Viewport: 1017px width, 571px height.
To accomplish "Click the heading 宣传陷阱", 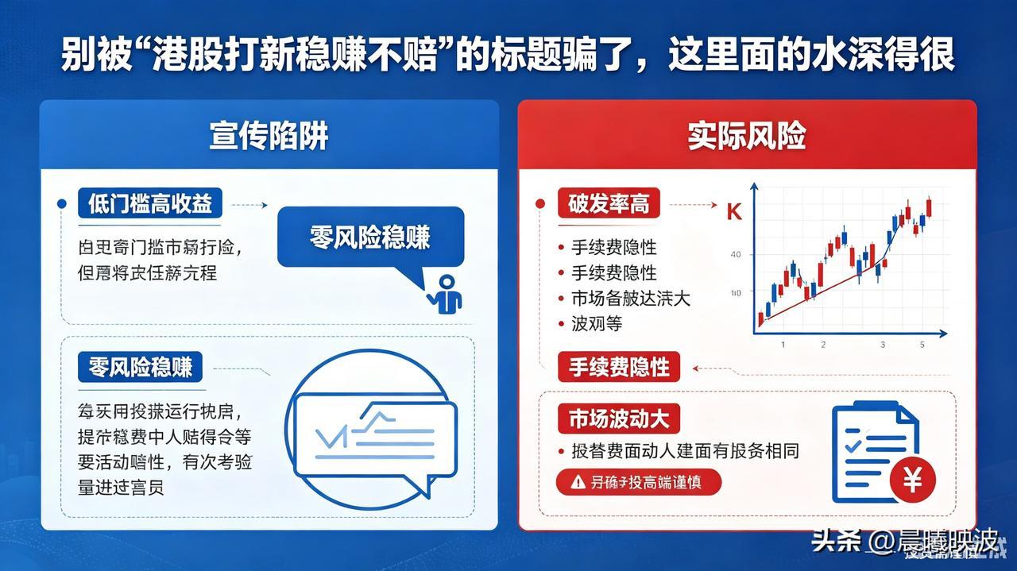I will coord(269,136).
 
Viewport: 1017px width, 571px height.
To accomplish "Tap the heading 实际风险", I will coord(746,136).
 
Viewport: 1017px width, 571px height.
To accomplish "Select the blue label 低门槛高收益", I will coord(150,204).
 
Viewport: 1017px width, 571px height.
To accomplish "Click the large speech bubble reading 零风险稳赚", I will coord(369,237).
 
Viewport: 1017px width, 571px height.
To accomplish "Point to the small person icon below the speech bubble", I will coord(446,294).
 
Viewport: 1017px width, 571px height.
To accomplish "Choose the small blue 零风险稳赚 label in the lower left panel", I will coord(140,367).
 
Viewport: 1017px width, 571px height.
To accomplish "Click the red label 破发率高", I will coord(609,204).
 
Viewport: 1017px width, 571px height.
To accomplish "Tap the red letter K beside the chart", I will coord(734,213).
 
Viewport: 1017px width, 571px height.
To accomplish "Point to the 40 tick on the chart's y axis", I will coord(735,255).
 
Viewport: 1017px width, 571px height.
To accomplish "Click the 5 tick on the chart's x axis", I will coord(922,345).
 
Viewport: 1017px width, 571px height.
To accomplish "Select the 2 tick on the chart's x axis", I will coord(823,345).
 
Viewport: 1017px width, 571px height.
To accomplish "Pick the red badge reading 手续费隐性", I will coord(619,368).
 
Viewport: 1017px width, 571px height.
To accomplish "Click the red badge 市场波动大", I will coord(619,418).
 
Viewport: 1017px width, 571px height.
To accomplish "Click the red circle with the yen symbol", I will coord(913,480).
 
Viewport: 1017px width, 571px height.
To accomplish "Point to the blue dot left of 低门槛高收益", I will coord(62,204).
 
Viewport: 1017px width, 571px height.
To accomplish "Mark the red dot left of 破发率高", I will coord(540,204).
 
